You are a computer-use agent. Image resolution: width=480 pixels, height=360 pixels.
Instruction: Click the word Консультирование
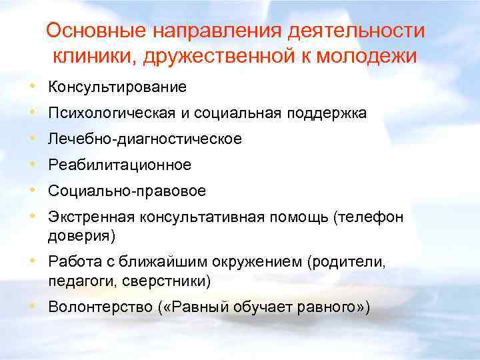pos(117,87)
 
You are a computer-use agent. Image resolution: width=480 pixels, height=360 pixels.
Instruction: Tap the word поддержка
pos(327,113)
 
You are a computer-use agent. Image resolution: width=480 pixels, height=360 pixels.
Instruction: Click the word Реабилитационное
pos(119,165)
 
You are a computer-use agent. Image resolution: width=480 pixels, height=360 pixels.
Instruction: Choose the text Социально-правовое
pos(127,191)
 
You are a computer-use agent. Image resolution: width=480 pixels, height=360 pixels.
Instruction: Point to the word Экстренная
pos(91,217)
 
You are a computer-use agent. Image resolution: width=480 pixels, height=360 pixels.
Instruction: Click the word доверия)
pos(81,235)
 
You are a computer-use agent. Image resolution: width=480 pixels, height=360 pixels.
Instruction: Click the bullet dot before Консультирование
pos(33,87)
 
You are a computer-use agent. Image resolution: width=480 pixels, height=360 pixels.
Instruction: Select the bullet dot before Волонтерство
pos(33,306)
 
